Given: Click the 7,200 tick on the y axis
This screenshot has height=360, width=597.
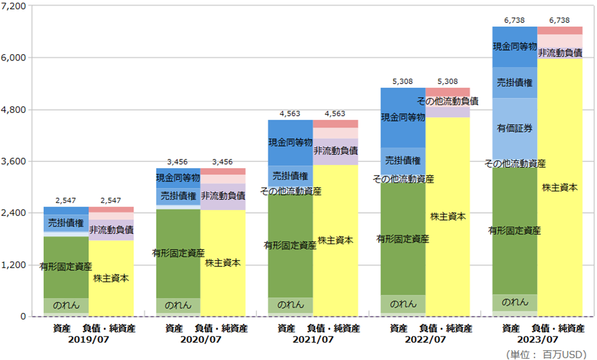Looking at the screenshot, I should (15, 6).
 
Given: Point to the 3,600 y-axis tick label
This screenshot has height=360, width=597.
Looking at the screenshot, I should (15, 161).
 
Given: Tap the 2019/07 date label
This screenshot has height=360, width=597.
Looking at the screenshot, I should (88, 339).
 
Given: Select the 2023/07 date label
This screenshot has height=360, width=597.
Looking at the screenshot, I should (537, 339).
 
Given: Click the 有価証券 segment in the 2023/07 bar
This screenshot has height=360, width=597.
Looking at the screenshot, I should (515, 128).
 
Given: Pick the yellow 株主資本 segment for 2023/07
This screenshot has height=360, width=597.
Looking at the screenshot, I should (559, 187).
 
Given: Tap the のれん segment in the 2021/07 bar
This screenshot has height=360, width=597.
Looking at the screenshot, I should (291, 305).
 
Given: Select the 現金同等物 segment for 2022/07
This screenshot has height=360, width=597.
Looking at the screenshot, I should (403, 118).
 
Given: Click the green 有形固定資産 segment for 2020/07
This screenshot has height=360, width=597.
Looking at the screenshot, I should (178, 253).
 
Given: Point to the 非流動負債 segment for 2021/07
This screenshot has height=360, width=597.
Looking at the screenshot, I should (335, 151).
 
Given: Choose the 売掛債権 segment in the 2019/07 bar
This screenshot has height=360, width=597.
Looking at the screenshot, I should (66, 223).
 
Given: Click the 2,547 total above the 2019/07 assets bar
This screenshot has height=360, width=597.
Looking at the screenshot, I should (66, 200).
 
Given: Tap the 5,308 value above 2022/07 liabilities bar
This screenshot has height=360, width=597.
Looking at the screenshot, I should (447, 81).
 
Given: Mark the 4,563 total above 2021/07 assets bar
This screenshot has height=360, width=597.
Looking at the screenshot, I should (291, 114).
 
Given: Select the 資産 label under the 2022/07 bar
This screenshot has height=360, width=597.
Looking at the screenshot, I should (398, 328).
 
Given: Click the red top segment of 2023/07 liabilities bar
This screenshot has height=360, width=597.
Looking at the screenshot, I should (559, 30).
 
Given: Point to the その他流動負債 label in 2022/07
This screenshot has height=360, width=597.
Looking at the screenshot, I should (448, 101).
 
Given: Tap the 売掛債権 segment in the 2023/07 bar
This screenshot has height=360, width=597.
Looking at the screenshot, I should (515, 82).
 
